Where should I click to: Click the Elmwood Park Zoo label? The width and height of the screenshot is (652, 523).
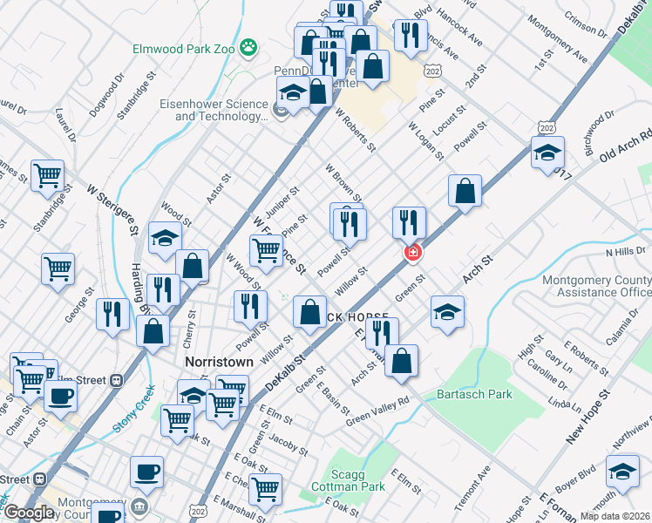(x=183, y=49)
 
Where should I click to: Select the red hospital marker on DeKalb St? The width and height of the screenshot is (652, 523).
(x=411, y=253)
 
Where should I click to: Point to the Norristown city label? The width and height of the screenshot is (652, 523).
(x=219, y=361)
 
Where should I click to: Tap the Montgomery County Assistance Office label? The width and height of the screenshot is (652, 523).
(x=596, y=287)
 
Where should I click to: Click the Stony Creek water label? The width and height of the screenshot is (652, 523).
(x=133, y=411)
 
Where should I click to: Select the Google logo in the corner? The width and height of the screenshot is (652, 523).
(x=28, y=513)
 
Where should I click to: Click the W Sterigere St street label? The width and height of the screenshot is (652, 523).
(x=112, y=209)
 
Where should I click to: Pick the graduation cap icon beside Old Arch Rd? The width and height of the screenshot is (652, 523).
(x=547, y=153)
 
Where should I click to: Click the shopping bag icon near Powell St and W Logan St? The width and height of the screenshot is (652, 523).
(x=466, y=191)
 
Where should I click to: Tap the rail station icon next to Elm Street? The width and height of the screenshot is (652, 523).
(x=116, y=380)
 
